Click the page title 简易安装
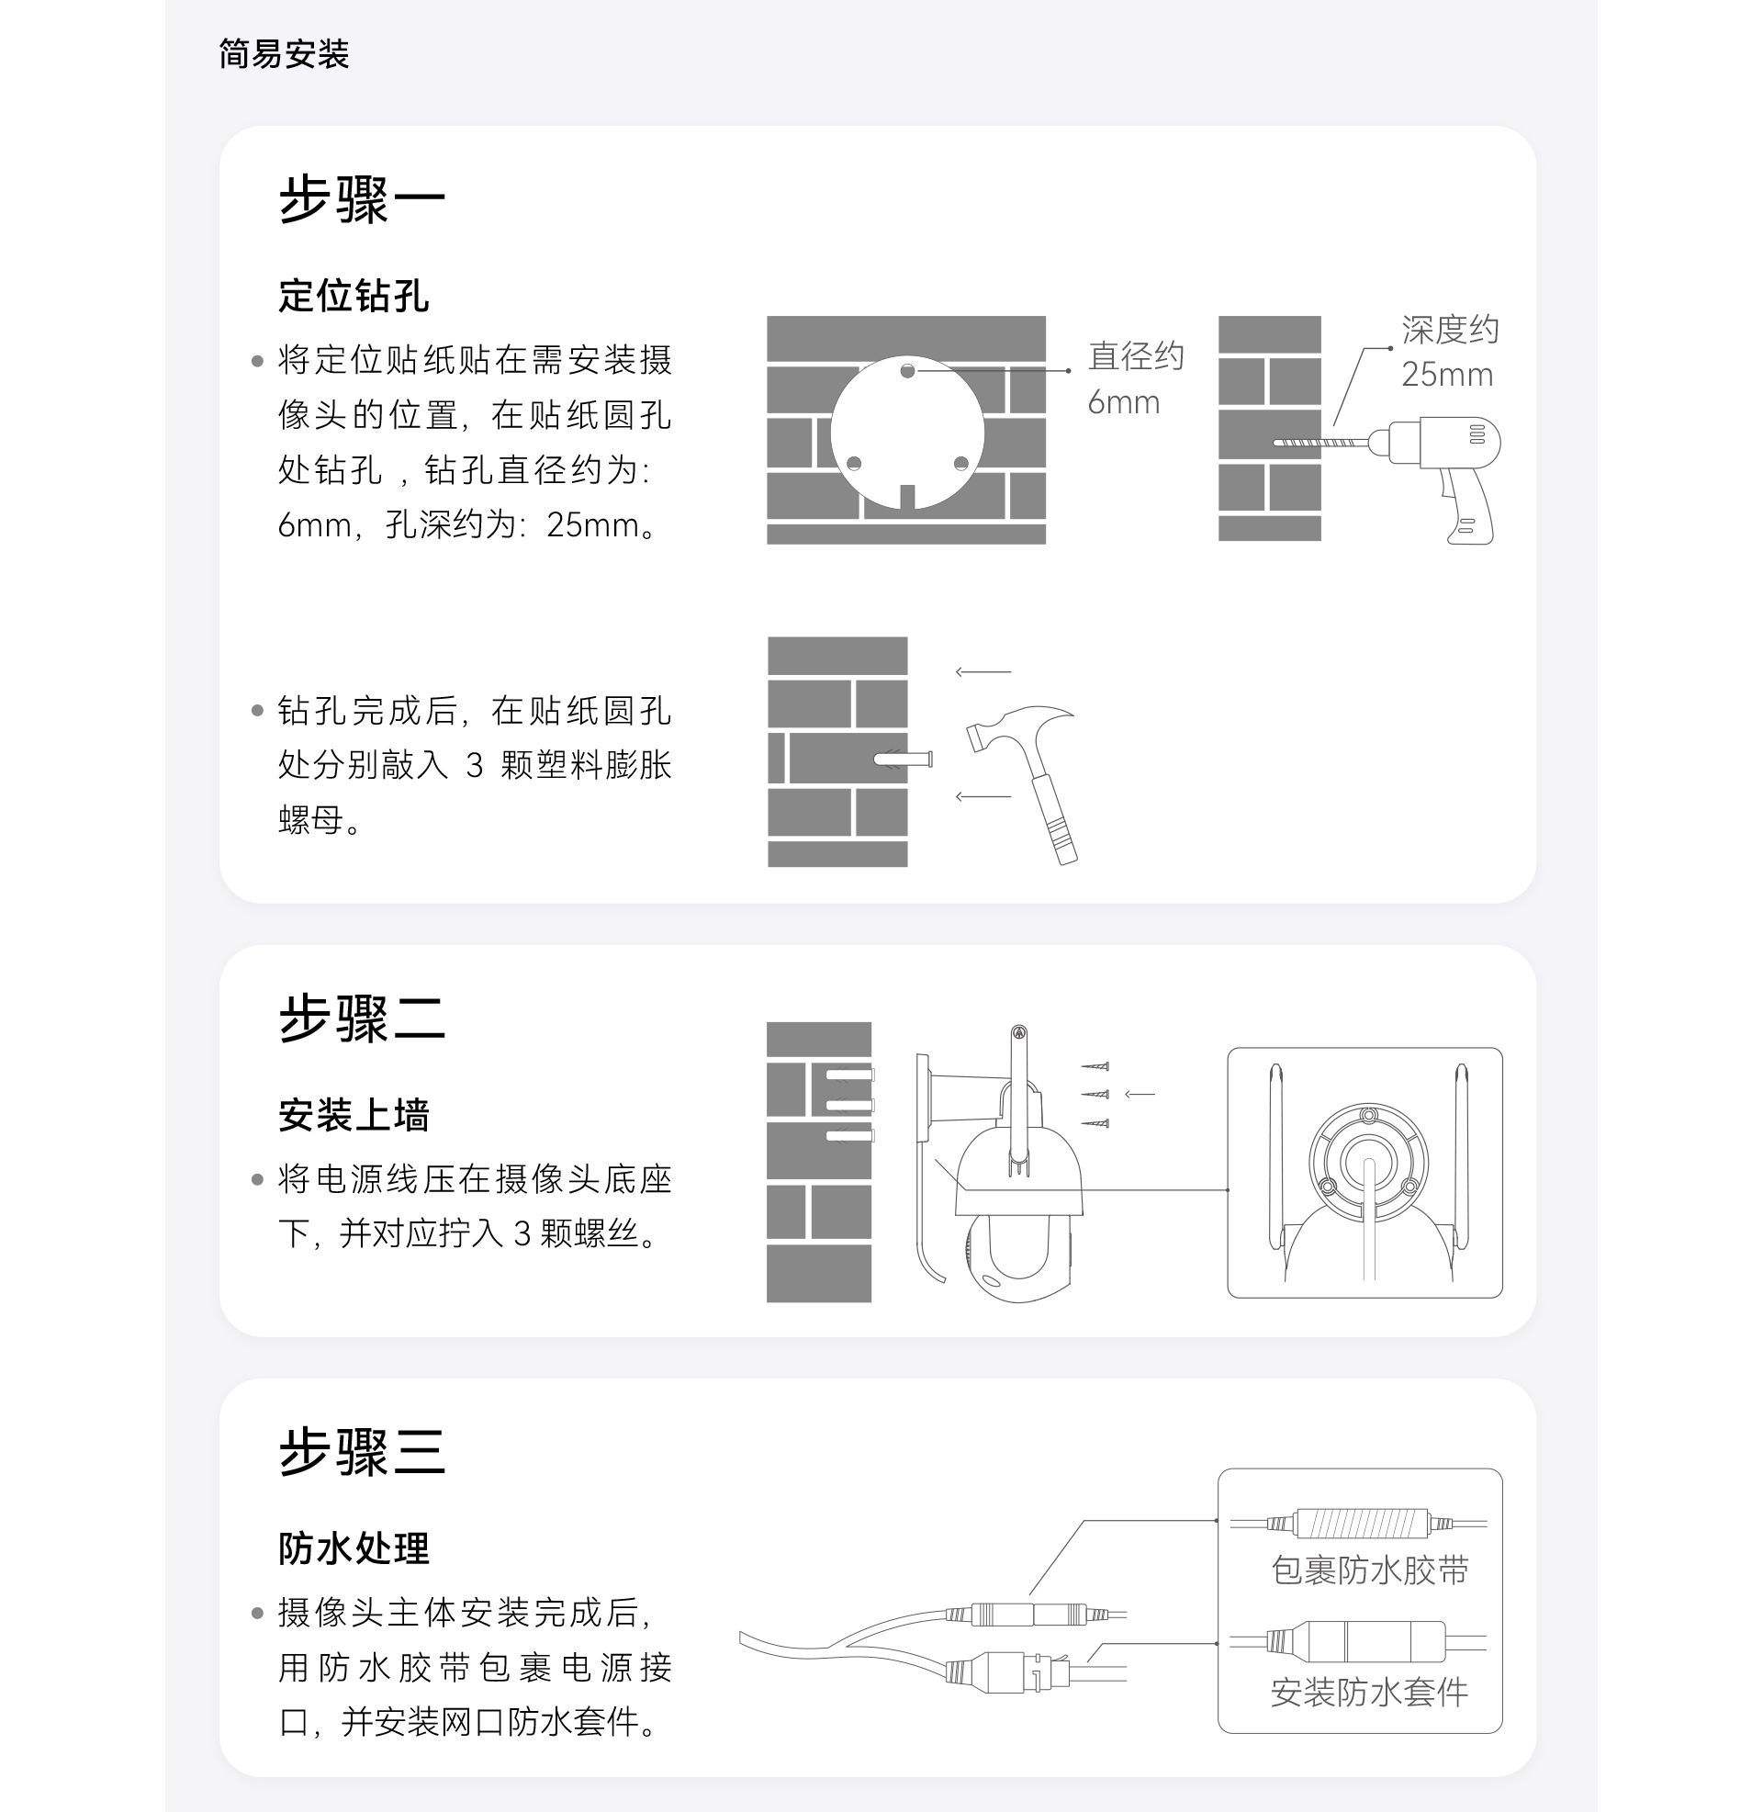pyautogui.click(x=284, y=53)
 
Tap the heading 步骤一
pyautogui.click(x=361, y=199)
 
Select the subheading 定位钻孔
pyautogui.click(x=353, y=297)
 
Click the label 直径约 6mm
pyautogui.click(x=1134, y=378)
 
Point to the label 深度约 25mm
pyautogui.click(x=1449, y=352)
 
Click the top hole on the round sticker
pyautogui.click(x=907, y=371)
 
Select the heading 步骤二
pyautogui.click(x=361, y=1019)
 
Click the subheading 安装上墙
pyautogui.click(x=353, y=1115)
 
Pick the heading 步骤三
pyautogui.click(x=361, y=1451)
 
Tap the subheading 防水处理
pyautogui.click(x=353, y=1548)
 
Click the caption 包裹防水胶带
pyautogui.click(x=1368, y=1570)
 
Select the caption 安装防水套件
pyautogui.click(x=1368, y=1692)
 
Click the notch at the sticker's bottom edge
pyautogui.click(x=907, y=497)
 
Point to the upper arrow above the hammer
pyautogui.click(x=983, y=671)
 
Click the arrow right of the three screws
pyautogui.click(x=1140, y=1095)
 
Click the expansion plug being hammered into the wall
pyautogui.click(x=903, y=760)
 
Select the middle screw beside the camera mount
pyautogui.click(x=1095, y=1095)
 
